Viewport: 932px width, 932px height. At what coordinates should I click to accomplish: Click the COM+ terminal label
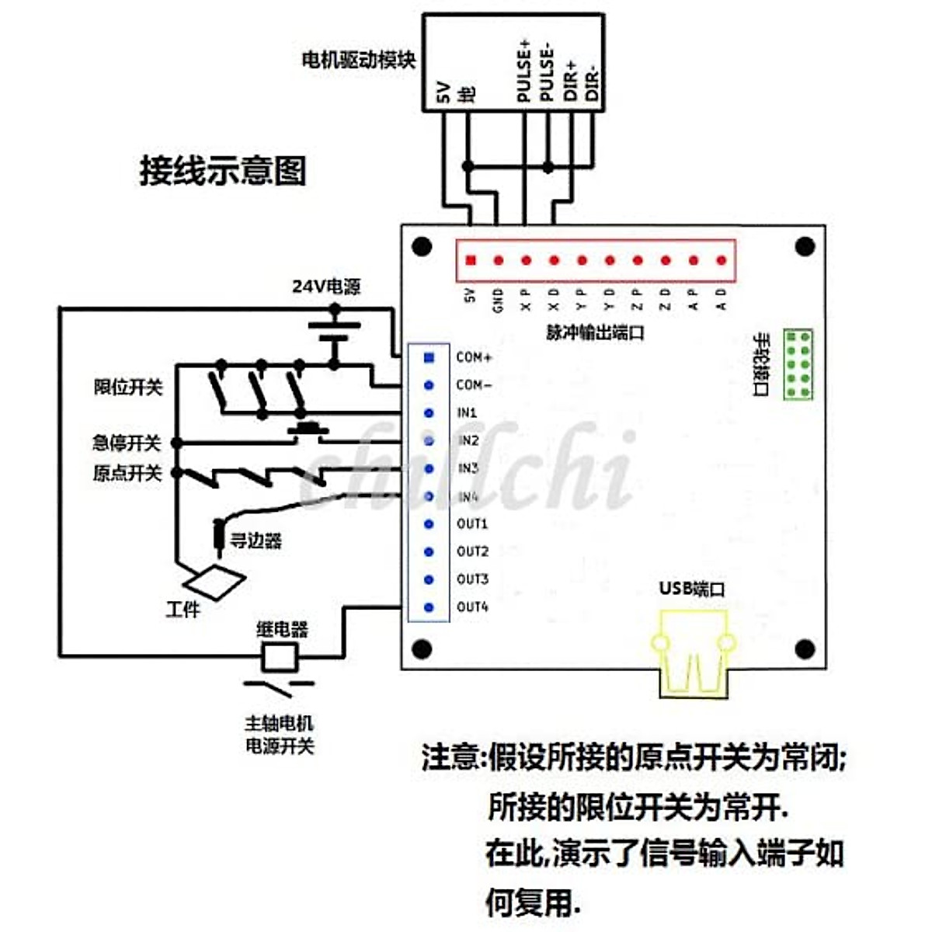[x=474, y=357]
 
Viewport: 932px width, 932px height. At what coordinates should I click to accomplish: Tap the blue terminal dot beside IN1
[x=429, y=413]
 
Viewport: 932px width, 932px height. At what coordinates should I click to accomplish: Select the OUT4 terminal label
[x=472, y=607]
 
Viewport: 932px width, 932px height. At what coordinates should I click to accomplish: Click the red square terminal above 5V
[x=470, y=260]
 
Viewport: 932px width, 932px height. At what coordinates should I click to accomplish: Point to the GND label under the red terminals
[x=498, y=299]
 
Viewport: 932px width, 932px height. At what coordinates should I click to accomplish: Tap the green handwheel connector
[x=798, y=364]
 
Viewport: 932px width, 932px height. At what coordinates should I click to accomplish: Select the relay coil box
[x=278, y=657]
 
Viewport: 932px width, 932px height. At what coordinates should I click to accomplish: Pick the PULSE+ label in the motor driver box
[x=523, y=71]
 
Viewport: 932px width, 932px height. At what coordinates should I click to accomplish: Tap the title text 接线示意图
[x=223, y=170]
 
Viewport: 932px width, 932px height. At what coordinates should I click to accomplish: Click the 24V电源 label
[x=326, y=286]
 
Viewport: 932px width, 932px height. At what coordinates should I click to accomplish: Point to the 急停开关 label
[x=127, y=443]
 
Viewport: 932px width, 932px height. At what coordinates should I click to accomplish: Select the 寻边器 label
[x=256, y=541]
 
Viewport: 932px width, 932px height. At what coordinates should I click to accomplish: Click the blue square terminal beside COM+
[x=429, y=357]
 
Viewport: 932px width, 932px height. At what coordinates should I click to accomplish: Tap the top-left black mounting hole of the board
[x=422, y=247]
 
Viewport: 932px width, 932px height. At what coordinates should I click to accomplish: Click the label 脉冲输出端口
[x=595, y=332]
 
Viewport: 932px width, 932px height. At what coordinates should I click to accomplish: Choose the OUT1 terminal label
[x=472, y=523]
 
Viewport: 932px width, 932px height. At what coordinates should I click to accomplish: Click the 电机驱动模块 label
[x=359, y=60]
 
